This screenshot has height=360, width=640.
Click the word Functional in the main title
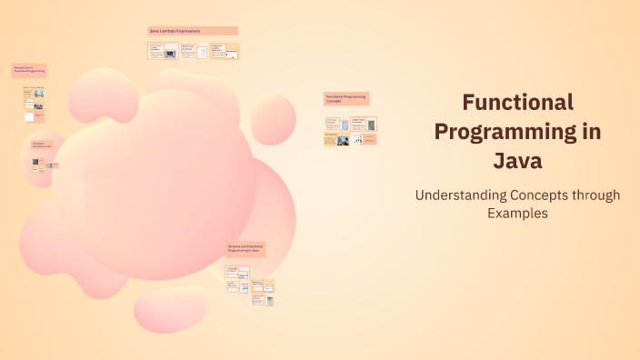(517, 102)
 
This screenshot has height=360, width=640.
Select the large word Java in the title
(517, 161)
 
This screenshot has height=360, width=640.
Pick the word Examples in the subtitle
(517, 214)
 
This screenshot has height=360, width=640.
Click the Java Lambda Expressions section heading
(193, 31)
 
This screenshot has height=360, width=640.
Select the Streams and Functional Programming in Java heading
(245, 249)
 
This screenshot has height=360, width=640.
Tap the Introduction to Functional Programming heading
(28, 70)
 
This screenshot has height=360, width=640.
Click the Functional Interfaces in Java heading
(42, 145)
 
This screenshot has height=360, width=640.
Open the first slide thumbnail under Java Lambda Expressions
(163, 51)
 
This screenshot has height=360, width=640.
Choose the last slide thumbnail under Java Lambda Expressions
(224, 51)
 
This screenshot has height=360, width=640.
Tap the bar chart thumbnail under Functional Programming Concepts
(364, 139)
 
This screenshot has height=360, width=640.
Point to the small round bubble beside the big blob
(273, 119)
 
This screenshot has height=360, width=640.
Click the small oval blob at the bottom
(170, 311)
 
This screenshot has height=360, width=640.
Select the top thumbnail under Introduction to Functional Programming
(34, 93)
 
